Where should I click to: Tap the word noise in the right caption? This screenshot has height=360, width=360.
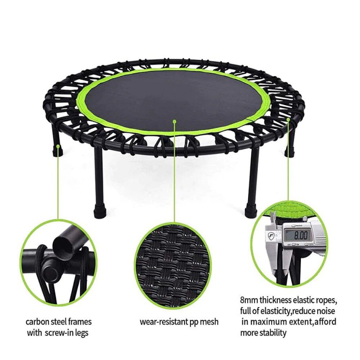pos(324,311)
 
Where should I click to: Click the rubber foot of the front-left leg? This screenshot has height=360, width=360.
pos(98,211)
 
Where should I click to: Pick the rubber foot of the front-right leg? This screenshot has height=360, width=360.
pos(251,211)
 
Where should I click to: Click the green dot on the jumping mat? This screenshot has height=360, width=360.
pos(174,121)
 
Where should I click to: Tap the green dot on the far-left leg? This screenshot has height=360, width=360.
pos(58,147)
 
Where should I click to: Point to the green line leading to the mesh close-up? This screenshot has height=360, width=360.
pos(174,173)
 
